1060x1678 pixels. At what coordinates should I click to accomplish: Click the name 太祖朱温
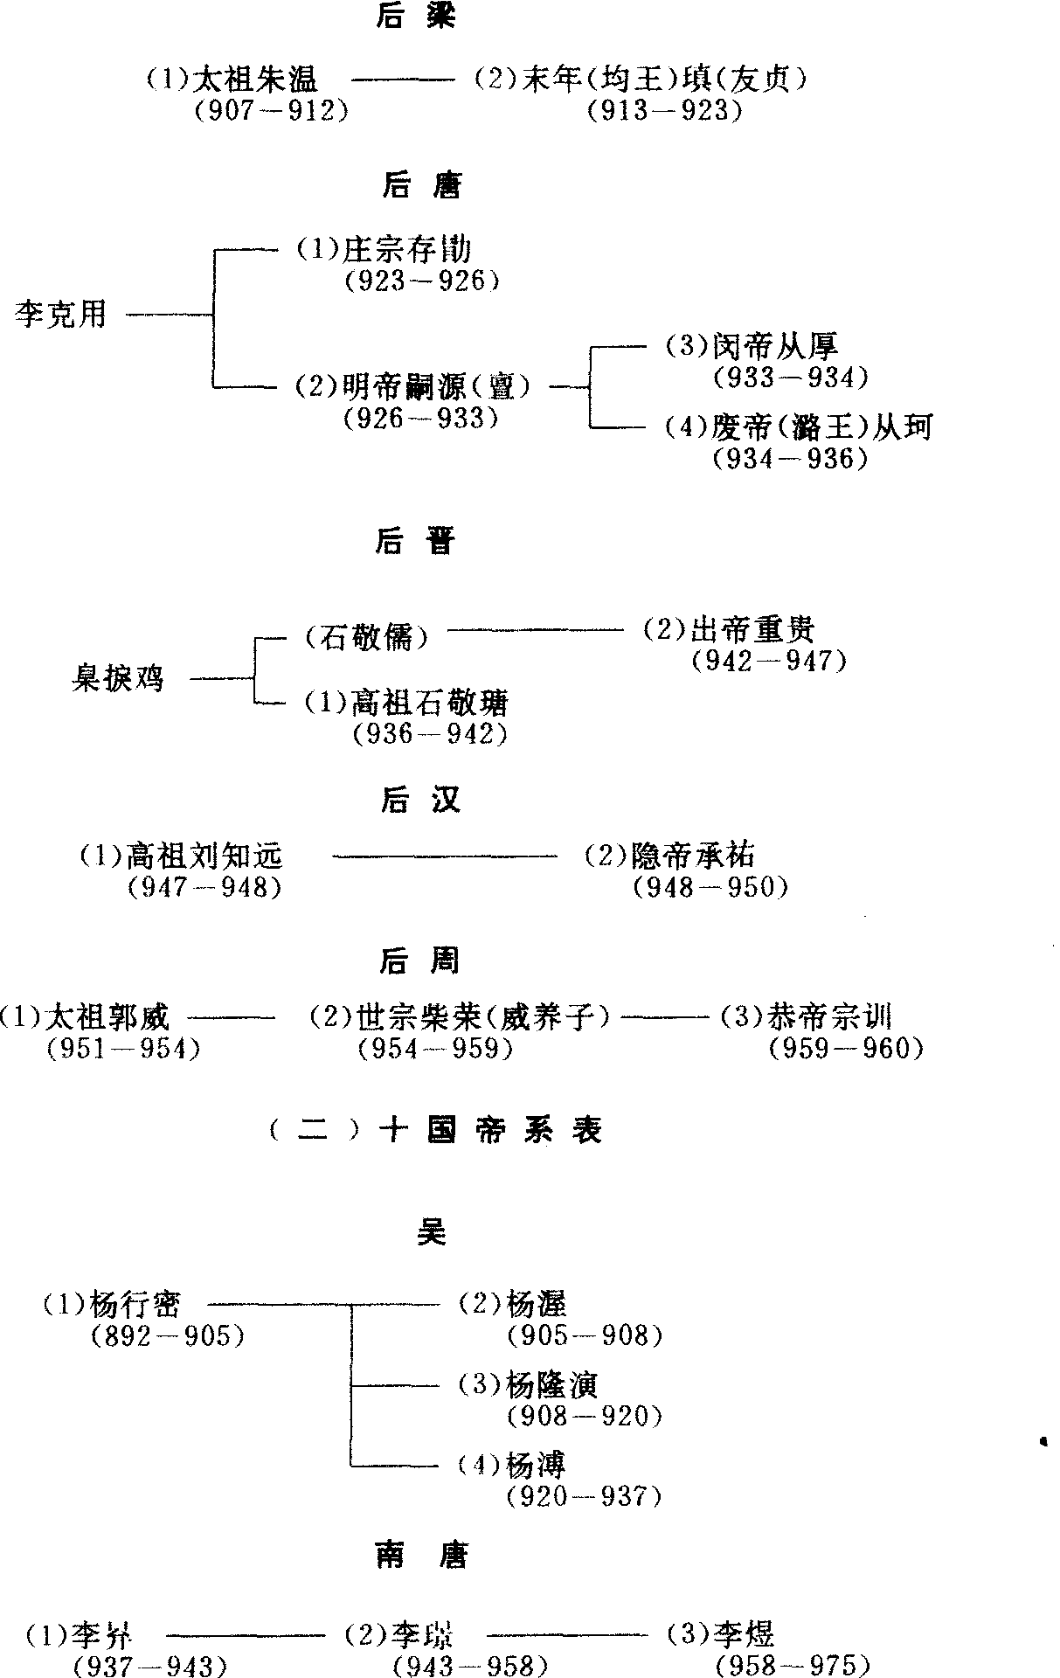(x=254, y=80)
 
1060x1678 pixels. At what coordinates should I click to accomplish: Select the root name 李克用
(x=60, y=314)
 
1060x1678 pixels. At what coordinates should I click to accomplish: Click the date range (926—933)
(x=422, y=419)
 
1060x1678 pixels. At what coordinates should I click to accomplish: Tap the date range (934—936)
(x=790, y=459)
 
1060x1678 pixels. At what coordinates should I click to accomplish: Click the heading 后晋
(x=416, y=542)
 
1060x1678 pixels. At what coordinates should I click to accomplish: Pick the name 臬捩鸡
(x=117, y=678)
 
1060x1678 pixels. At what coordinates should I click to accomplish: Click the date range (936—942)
(x=430, y=734)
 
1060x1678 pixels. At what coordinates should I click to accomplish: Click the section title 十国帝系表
(x=489, y=1131)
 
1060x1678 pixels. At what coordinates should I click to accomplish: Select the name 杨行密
(x=135, y=1304)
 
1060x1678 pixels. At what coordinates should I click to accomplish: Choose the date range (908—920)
(x=584, y=1417)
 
